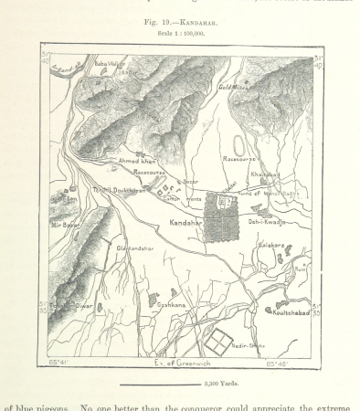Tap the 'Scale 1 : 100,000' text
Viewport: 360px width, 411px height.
(x=179, y=34)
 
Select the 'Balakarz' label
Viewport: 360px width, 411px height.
(x=272, y=246)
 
